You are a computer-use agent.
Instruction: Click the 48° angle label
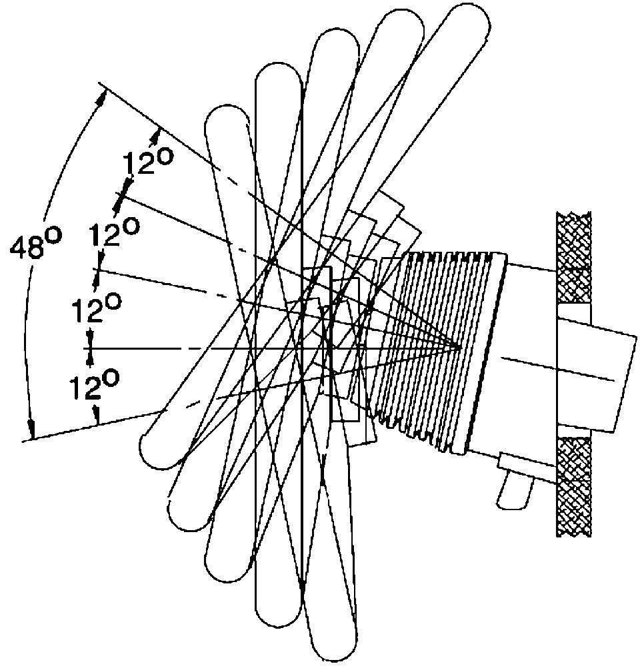click(36, 243)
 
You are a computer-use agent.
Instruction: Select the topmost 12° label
click(147, 162)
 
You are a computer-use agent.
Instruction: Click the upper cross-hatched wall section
click(573, 257)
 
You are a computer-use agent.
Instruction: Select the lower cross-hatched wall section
click(573, 486)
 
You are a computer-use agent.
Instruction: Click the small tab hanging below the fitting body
click(515, 493)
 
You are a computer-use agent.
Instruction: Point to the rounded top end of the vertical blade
click(279, 75)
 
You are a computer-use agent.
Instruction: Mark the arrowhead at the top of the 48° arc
click(101, 98)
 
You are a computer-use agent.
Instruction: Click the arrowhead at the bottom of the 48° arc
click(31, 430)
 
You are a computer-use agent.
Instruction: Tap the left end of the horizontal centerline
click(83, 348)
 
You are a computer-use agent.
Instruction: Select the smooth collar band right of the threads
click(483, 352)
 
